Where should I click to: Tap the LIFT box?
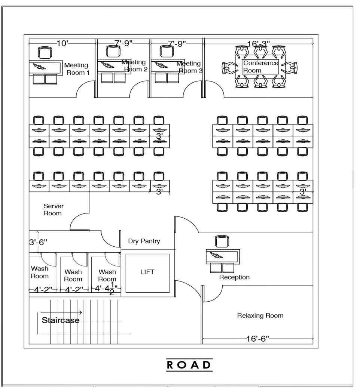click(x=147, y=272)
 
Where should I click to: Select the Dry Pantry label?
click(x=144, y=241)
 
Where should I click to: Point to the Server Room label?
click(x=53, y=210)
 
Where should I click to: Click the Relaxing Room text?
click(x=260, y=315)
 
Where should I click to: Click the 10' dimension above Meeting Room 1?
click(x=62, y=44)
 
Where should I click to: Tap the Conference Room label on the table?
click(x=260, y=66)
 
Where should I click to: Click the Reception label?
click(x=234, y=277)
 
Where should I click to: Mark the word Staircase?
click(x=61, y=320)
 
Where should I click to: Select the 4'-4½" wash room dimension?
click(x=107, y=289)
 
